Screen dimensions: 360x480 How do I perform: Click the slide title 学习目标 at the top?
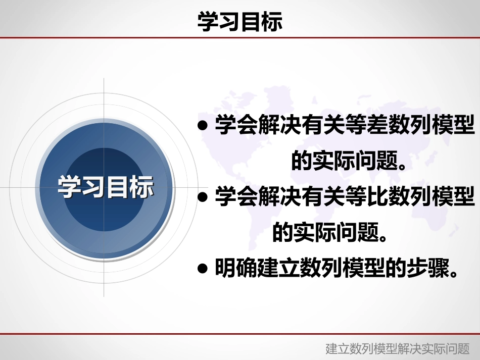coord(239,22)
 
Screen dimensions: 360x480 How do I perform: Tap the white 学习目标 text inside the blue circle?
coord(106,187)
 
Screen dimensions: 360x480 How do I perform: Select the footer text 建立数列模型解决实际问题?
coord(398,349)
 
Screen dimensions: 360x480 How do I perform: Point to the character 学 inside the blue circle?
coord(69,187)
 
